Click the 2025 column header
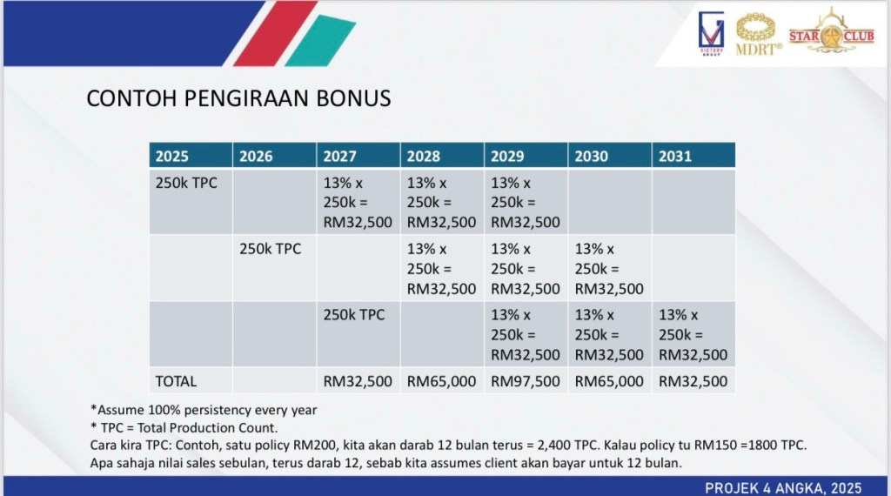point(171,157)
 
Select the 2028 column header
point(424,157)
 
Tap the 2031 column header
point(675,157)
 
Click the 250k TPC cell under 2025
point(186,183)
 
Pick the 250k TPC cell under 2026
point(270,249)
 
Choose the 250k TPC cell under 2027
point(354,315)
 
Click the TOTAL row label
point(176,381)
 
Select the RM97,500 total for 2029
point(525,381)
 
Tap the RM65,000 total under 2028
point(441,381)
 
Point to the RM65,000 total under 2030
point(609,381)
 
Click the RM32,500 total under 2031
point(693,381)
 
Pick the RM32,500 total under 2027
point(358,381)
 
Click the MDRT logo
point(758,34)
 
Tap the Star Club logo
point(831,31)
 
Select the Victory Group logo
point(711,34)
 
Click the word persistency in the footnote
point(218,410)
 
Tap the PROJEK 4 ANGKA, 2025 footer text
point(783,488)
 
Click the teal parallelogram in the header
point(320,40)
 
